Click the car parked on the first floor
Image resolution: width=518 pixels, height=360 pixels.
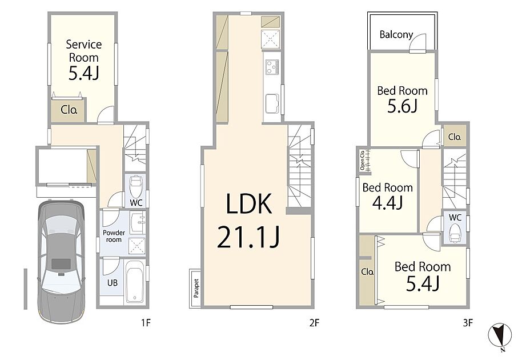coord(62,262)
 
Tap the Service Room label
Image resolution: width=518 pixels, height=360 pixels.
coord(83,51)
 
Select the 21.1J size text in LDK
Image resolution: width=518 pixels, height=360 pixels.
coord(248,237)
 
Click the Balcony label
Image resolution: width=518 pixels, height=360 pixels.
coord(396,34)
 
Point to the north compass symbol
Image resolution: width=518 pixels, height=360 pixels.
coord(500,336)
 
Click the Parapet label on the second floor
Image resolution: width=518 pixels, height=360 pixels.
coord(196,288)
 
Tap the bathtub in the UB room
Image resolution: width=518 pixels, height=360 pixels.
coord(135,281)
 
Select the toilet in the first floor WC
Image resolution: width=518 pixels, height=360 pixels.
coord(135,186)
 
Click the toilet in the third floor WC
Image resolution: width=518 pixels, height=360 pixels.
coord(455,233)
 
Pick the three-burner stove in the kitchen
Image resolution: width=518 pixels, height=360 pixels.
coord(272,67)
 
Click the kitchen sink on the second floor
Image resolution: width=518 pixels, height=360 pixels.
coord(271,103)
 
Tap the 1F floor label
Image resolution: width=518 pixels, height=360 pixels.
coord(146,322)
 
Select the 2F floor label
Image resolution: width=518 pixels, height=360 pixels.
coord(314,322)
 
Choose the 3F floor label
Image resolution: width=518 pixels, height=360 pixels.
coord(467,322)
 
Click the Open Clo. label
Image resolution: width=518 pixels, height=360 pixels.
coord(362,161)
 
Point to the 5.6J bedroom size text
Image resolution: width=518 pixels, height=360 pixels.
coord(403,106)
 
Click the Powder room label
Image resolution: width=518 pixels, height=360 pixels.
coord(114,236)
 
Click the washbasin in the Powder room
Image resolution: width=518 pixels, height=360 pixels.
coord(137,222)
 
